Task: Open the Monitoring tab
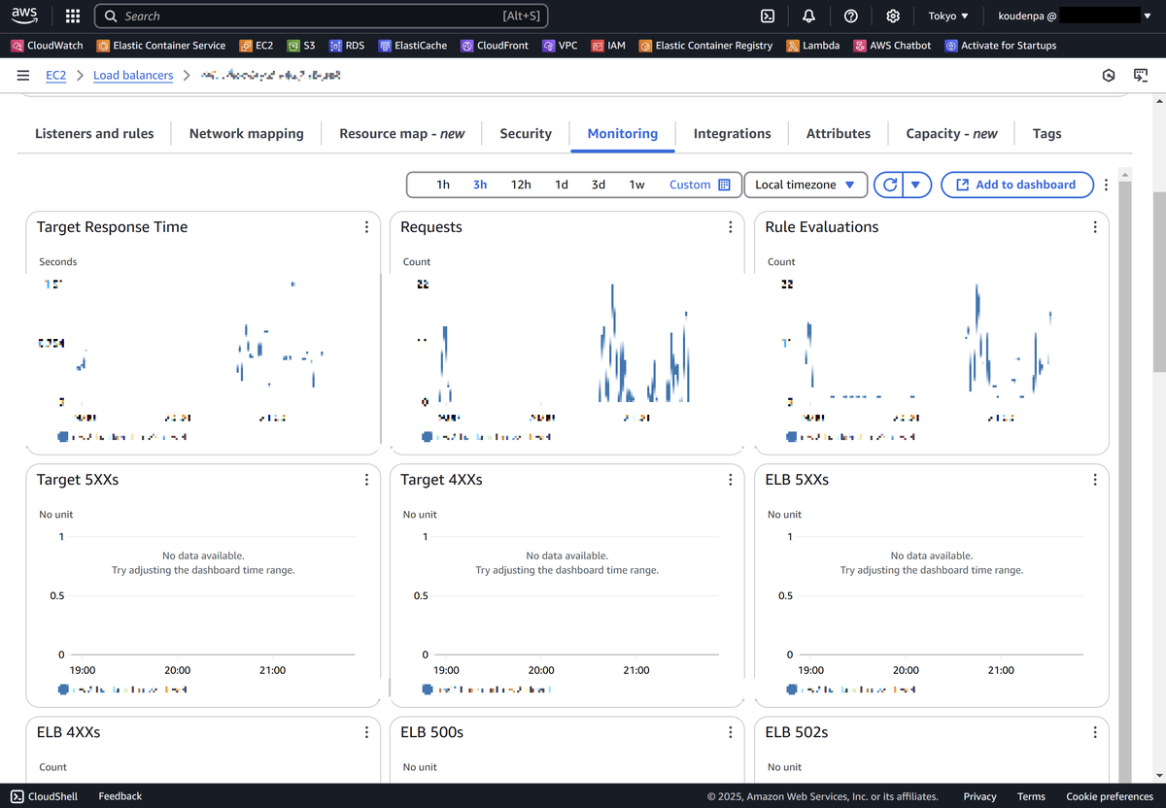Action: click(622, 134)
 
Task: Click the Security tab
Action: click(526, 134)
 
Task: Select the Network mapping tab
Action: click(246, 134)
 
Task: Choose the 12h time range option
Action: click(521, 185)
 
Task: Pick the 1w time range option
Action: click(636, 185)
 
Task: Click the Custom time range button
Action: click(699, 185)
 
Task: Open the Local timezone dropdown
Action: click(805, 185)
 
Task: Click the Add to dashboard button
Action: click(1016, 185)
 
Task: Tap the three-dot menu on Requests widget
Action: click(731, 227)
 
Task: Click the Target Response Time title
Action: click(112, 227)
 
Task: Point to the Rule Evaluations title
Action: click(822, 227)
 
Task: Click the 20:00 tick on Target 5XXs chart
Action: click(178, 670)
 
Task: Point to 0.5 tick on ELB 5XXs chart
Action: click(785, 596)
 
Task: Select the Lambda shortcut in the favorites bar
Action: click(813, 46)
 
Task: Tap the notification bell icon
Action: click(809, 17)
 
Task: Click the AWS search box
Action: click(321, 17)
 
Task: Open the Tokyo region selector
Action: click(948, 17)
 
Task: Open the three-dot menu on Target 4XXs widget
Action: click(731, 480)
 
